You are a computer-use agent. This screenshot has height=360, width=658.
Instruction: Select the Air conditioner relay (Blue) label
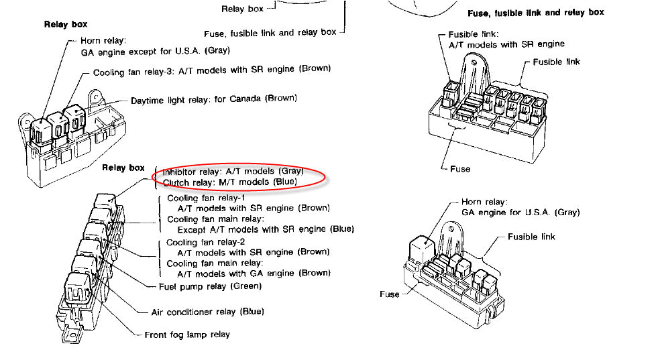coord(208,312)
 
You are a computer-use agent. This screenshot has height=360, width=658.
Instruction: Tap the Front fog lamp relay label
coord(187,335)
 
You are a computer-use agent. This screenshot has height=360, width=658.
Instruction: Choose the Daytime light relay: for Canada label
coord(214,99)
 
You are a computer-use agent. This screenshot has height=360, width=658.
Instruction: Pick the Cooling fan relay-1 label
coord(206,198)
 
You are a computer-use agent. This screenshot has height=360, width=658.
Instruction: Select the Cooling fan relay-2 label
coord(206,243)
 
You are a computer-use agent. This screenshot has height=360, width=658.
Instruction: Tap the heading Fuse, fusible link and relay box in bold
coord(535,13)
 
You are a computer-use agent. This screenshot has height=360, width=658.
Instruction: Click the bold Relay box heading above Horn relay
coord(66,25)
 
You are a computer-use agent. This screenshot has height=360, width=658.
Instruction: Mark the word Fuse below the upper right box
coord(460,169)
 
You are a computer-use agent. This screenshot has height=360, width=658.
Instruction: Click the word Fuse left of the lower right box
coord(390,294)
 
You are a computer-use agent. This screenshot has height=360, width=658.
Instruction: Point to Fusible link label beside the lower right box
coord(531,237)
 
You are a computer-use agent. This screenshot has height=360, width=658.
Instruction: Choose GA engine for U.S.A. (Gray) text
coord(520,213)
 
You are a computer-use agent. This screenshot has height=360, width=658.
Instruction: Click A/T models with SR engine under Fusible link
coord(506,44)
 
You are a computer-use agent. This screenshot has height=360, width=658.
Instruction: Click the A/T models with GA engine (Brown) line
coord(254,274)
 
